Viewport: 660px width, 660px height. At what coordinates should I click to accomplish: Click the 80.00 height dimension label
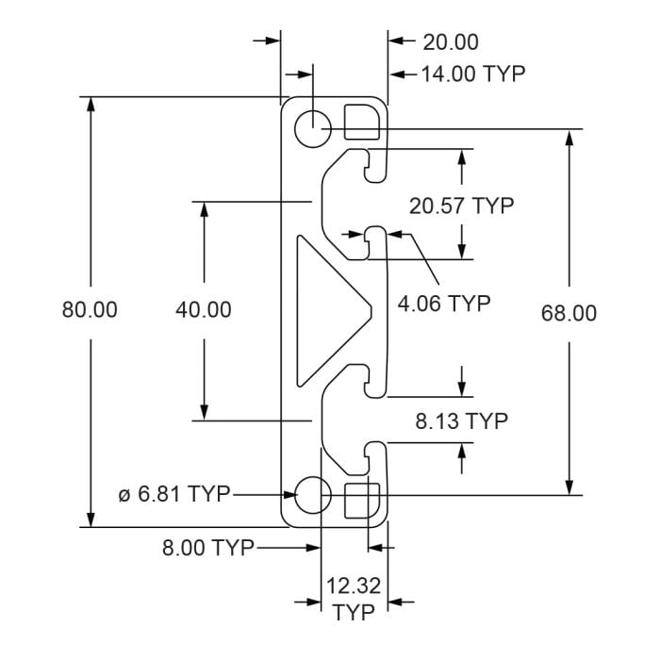90,310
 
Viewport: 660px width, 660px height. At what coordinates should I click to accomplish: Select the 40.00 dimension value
204,309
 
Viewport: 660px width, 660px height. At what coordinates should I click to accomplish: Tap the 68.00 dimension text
569,313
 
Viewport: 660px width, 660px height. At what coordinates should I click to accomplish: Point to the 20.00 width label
450,41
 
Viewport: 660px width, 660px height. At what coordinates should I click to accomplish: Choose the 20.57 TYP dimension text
461,206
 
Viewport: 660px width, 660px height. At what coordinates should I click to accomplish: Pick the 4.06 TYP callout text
444,304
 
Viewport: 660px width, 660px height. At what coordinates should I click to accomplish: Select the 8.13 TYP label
461,421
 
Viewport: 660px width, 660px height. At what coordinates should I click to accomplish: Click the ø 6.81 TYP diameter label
174,493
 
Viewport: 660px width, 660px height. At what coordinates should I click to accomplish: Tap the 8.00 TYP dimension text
208,548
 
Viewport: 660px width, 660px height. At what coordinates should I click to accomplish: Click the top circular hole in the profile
311,127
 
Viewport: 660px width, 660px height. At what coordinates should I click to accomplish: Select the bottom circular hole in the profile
311,493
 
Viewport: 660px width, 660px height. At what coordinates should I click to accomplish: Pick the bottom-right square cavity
361,499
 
